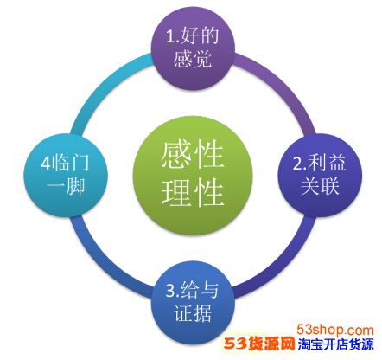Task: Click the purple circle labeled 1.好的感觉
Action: [x=193, y=48]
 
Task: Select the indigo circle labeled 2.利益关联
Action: [x=320, y=175]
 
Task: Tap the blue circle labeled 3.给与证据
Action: [x=193, y=303]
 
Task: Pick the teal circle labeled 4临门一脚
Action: [x=66, y=175]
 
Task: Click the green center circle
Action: [x=193, y=176]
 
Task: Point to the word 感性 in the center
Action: [x=193, y=155]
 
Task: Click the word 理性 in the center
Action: [x=193, y=192]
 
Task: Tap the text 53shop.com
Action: [x=335, y=330]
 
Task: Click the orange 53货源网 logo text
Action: [x=259, y=344]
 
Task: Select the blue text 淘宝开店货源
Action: [x=335, y=344]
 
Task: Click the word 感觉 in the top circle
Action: [x=193, y=59]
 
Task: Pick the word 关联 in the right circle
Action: [x=320, y=186]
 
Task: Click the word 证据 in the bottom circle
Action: [x=193, y=313]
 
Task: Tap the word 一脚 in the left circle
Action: [x=66, y=186]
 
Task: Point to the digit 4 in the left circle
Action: [x=46, y=164]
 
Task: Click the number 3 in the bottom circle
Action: [x=170, y=291]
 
